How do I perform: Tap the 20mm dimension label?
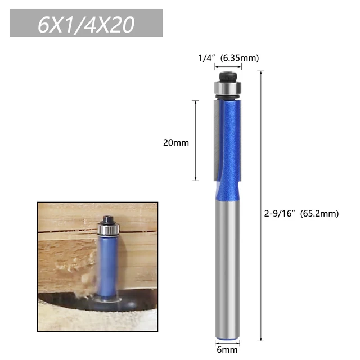[176, 142]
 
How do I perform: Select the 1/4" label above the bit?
[207, 57]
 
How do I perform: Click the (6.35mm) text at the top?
[240, 57]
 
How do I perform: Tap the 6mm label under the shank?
[228, 349]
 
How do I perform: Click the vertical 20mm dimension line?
[195, 141]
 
